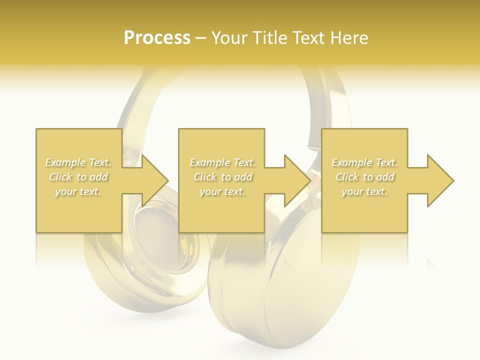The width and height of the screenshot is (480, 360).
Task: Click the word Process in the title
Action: (157, 38)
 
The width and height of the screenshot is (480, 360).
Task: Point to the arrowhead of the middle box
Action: (297, 180)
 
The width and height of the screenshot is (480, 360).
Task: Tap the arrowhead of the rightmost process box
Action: (440, 180)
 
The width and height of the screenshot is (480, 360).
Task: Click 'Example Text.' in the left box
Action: (78, 162)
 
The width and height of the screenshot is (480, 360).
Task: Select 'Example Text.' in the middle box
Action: (222, 162)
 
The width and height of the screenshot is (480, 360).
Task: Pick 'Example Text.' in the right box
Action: (364, 162)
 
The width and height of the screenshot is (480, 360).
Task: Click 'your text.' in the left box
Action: (78, 191)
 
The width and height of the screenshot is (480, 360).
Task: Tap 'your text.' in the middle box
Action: (222, 191)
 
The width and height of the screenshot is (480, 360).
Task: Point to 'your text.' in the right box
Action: (364, 191)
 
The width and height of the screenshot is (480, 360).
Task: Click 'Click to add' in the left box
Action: (78, 177)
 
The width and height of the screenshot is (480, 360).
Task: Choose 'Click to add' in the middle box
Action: (222, 177)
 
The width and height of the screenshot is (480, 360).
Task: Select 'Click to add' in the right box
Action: (364, 177)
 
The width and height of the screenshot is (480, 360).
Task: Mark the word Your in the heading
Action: (230, 38)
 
